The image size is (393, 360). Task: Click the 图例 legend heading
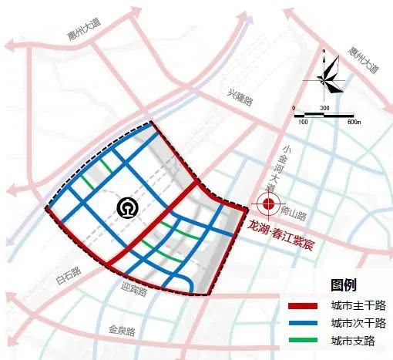(343, 285)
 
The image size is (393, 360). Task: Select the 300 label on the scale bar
(324, 108)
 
